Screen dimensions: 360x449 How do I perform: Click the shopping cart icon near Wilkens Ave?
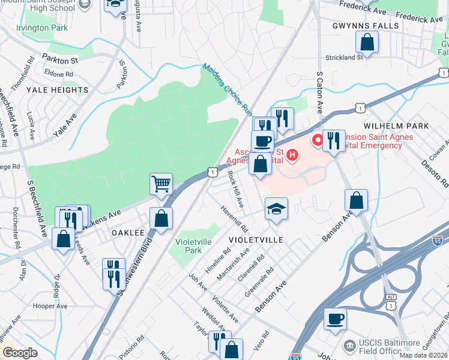tap(161, 184)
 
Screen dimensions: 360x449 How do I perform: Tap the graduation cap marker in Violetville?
tap(277, 209)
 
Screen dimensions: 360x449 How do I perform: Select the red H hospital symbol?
tap(292, 157)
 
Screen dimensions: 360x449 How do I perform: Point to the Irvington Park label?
tap(43, 28)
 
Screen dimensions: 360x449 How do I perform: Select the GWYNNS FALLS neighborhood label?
tap(366, 26)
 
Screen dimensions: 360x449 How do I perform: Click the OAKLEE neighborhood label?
tap(127, 233)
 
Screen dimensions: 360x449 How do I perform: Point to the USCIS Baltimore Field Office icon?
tap(349, 346)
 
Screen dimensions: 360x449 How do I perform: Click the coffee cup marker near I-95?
tap(335, 318)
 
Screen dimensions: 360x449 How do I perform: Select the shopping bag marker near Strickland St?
tap(367, 42)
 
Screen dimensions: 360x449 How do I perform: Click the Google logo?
tap(20, 353)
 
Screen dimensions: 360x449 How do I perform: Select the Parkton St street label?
tap(60, 61)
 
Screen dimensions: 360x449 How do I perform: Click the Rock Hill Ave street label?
tap(235, 190)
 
